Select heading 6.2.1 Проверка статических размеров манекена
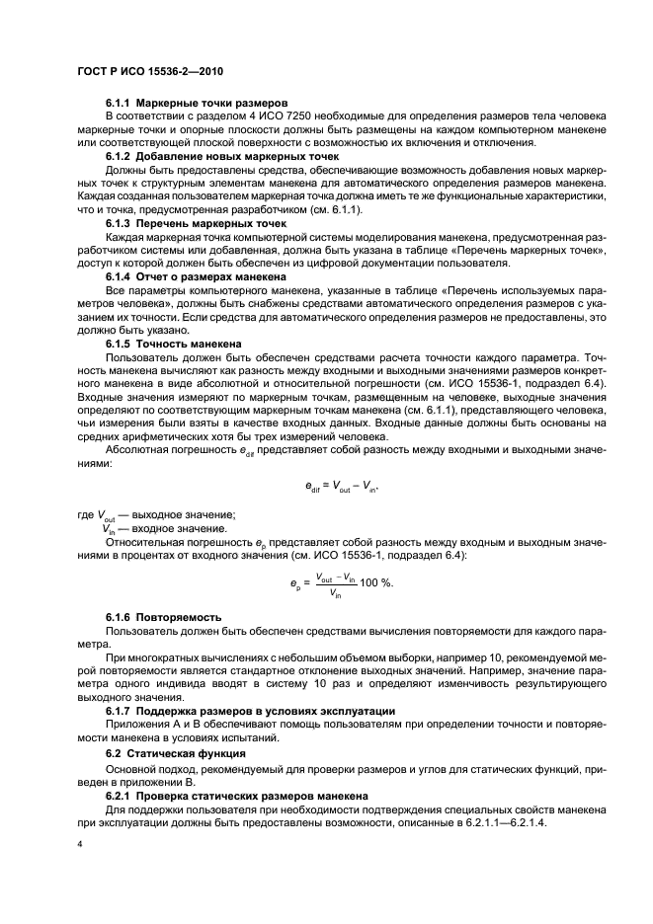[x=237, y=793]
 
